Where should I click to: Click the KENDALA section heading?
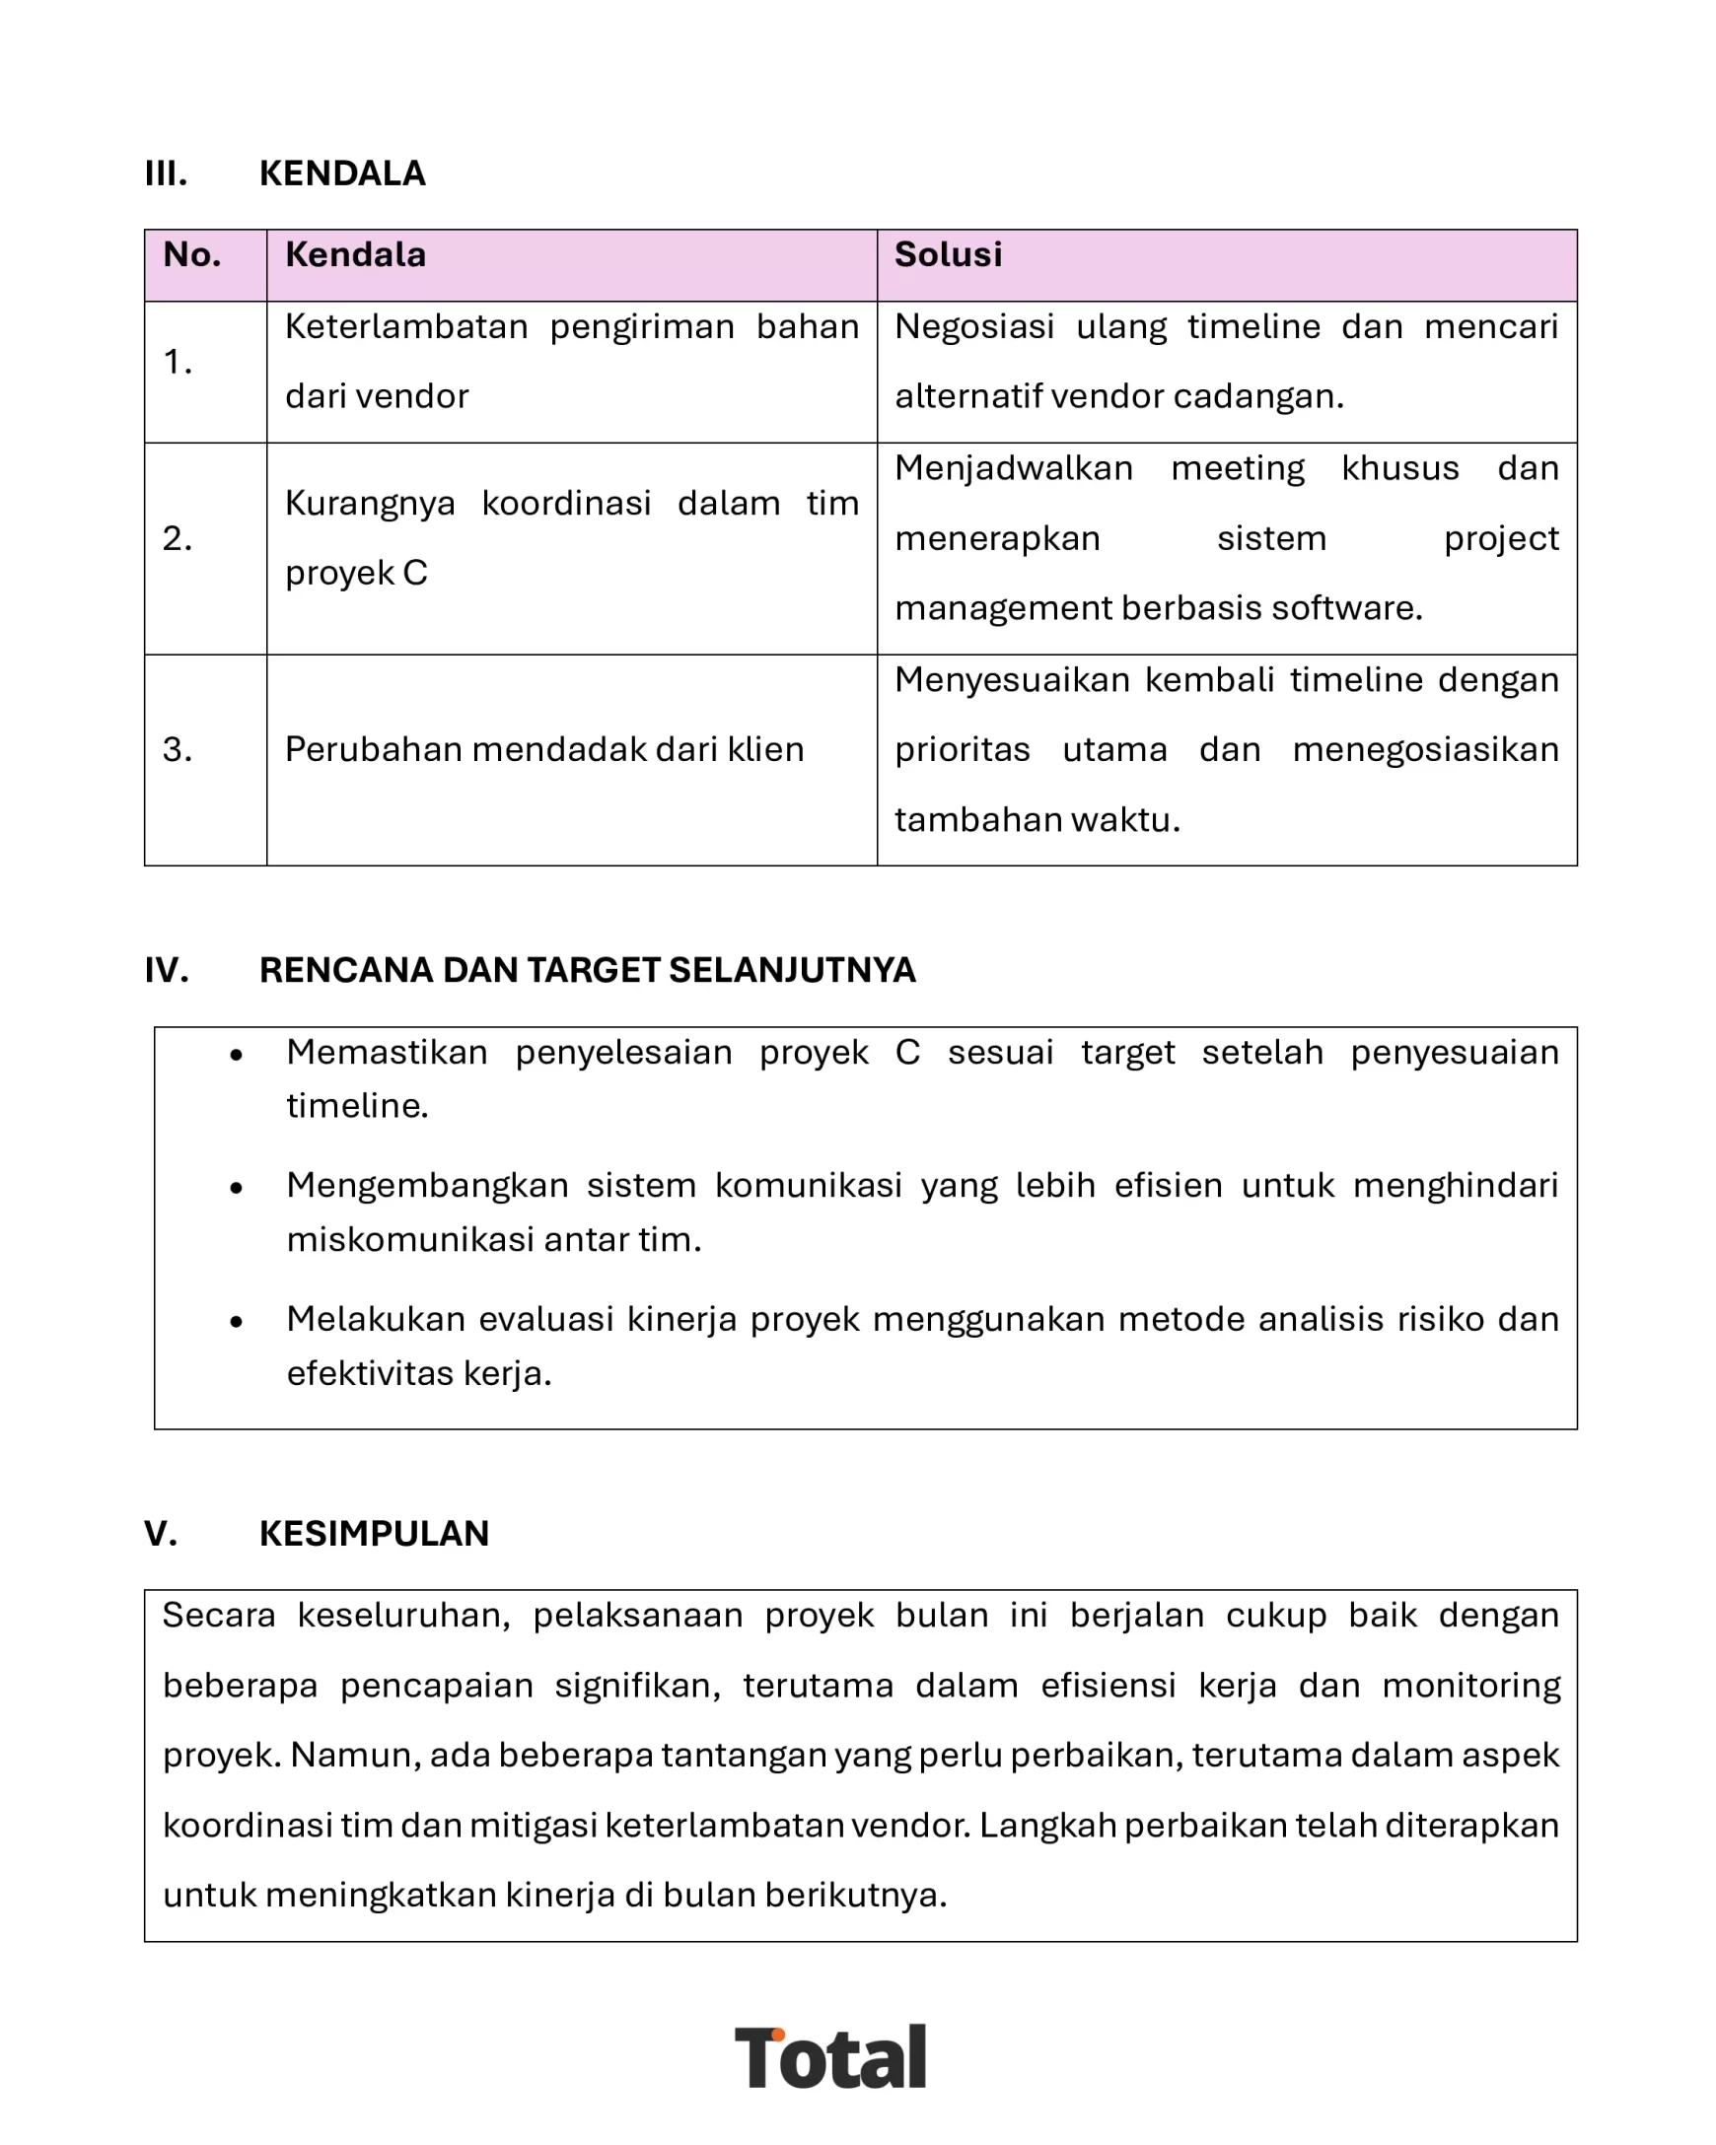[341, 173]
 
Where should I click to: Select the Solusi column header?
[947, 254]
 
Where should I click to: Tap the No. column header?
[191, 254]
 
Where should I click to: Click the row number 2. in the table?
[178, 538]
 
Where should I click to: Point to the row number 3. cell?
[178, 749]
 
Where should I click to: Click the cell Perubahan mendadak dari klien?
[543, 749]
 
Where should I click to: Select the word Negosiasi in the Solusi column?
[973, 326]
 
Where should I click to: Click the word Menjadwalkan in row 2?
[1012, 467]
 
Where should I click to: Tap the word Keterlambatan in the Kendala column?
[405, 326]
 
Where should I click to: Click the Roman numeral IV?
[167, 970]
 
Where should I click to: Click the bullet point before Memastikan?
[236, 1056]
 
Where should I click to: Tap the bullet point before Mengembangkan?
[236, 1189]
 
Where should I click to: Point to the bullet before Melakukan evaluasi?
[236, 1322]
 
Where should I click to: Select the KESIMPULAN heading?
[373, 1533]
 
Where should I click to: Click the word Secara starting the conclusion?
[218, 1616]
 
